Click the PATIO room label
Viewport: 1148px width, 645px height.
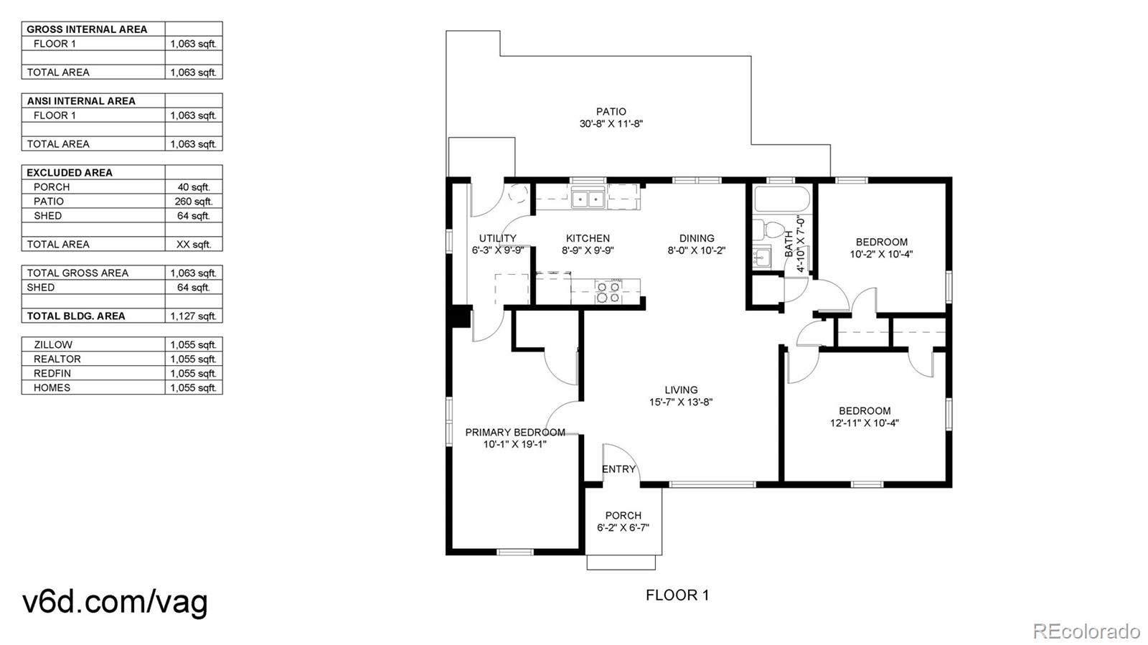pyautogui.click(x=611, y=112)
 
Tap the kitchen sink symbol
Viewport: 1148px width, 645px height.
pyautogui.click(x=588, y=198)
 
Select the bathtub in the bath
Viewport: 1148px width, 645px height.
pyautogui.click(x=781, y=199)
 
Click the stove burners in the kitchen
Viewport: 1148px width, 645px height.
pyautogui.click(x=608, y=291)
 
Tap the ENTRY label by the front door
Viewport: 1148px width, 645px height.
pyautogui.click(x=618, y=469)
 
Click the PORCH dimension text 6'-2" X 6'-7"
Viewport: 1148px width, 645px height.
pyautogui.click(x=624, y=527)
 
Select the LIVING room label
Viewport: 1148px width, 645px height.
pyautogui.click(x=681, y=390)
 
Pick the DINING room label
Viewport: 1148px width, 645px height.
pyautogui.click(x=697, y=238)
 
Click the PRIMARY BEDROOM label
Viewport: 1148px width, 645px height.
pyautogui.click(x=515, y=433)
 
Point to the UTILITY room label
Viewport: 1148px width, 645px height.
pyautogui.click(x=498, y=238)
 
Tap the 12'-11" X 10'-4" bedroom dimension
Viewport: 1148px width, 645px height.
pyautogui.click(x=865, y=423)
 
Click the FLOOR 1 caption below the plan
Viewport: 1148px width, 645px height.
pyautogui.click(x=677, y=595)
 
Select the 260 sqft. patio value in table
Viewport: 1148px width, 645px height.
pyautogui.click(x=194, y=202)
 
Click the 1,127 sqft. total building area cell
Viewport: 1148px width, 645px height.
pyautogui.click(x=194, y=316)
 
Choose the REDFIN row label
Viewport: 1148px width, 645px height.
pyautogui.click(x=52, y=374)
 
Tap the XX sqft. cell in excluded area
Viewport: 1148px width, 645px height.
pyautogui.click(x=194, y=245)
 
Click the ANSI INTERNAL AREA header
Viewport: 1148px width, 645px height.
pyautogui.click(x=81, y=101)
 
